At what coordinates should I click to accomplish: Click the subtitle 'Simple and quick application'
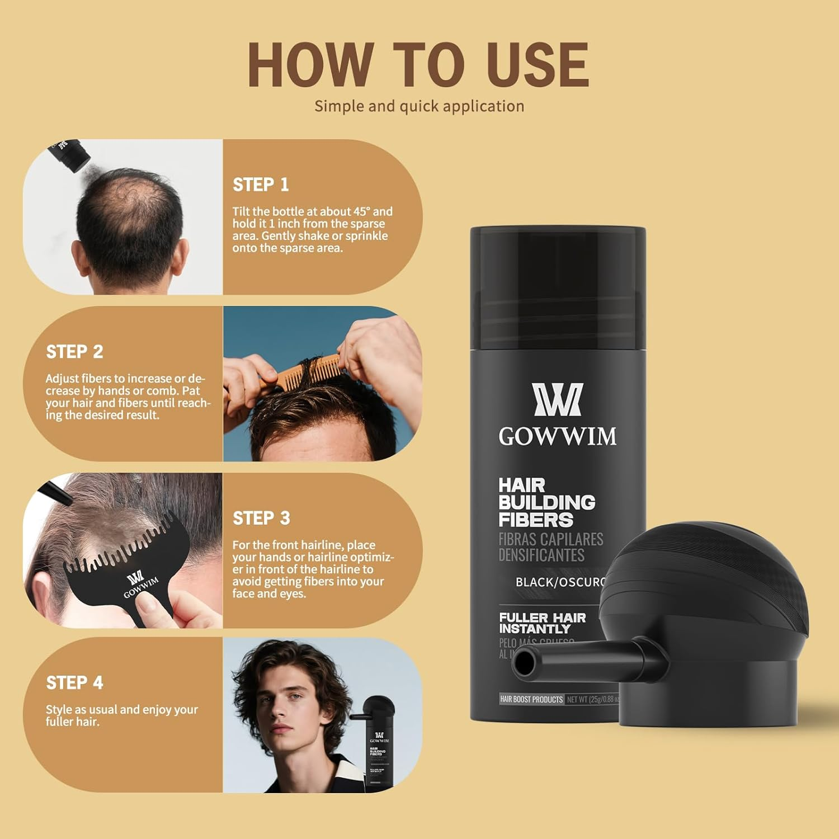point(419,106)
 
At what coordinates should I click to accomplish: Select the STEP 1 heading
point(261,185)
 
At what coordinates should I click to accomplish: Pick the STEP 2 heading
point(74,352)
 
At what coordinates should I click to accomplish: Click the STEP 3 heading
point(261,519)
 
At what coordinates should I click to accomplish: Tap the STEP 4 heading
point(74,683)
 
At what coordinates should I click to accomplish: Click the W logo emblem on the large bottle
point(557,399)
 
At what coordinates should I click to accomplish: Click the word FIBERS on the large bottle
point(536,520)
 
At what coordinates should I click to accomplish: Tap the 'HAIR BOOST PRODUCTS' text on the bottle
point(531,699)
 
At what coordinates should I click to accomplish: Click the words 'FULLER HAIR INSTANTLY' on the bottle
point(542,623)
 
